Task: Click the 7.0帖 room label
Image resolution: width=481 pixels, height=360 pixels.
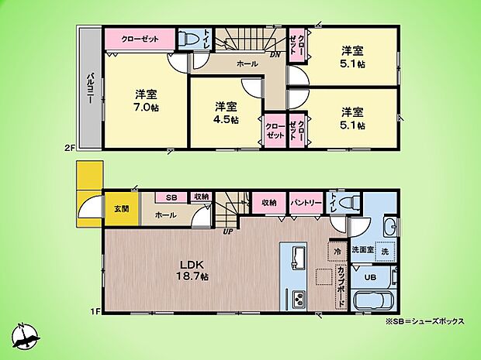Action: coord(146,101)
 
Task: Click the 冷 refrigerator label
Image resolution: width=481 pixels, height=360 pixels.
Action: coord(338,251)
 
